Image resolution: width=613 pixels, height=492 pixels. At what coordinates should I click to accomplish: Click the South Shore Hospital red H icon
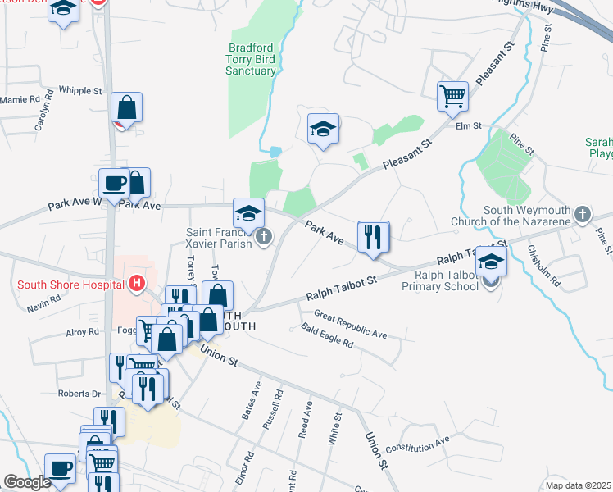coord(137,285)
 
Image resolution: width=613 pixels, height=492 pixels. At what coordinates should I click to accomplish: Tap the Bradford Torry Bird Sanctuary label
coord(251,59)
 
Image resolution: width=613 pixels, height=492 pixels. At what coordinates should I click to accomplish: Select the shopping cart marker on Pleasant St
coord(452,98)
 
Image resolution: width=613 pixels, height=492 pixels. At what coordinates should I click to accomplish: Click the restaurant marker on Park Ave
coord(374,238)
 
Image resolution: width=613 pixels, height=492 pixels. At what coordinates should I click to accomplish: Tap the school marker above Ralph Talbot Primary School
coord(492,262)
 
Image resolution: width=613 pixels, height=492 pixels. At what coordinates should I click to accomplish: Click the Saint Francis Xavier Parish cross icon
coord(263,239)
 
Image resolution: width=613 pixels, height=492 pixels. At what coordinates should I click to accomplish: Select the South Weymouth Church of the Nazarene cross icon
coord(583,214)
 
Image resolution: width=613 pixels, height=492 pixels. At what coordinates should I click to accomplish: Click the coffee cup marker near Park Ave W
coord(113,184)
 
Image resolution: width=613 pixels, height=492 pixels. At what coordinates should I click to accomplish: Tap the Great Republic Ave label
coord(350,324)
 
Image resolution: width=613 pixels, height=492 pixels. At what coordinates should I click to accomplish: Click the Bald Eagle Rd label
coord(326,336)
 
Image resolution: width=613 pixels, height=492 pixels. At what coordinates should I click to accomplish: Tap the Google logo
coord(27,483)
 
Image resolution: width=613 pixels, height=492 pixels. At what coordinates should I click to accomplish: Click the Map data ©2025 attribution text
coord(578,485)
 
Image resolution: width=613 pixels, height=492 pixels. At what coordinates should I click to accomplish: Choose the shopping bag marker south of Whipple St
coord(127,108)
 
